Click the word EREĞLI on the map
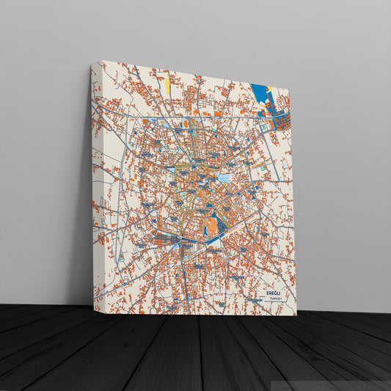(x=275, y=293)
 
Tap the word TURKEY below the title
(x=275, y=299)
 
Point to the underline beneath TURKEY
(x=275, y=303)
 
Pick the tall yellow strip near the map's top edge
(x=167, y=83)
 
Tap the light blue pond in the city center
(x=224, y=177)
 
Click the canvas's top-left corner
(x=92, y=65)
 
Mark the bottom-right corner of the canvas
(x=296, y=315)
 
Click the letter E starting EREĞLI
(x=268, y=293)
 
